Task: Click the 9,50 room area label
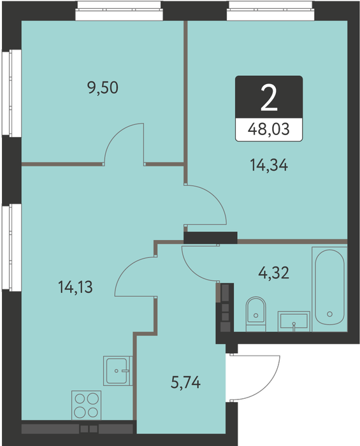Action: click(103, 88)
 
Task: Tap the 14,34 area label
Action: click(269, 165)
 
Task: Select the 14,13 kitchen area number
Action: click(75, 287)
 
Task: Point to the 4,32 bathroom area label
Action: click(273, 272)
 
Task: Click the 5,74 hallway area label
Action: click(185, 382)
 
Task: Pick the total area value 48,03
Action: click(269, 129)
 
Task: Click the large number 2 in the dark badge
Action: click(269, 99)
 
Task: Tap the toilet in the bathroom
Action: click(256, 314)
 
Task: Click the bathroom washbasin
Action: click(294, 321)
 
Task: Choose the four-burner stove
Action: click(86, 405)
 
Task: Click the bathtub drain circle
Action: click(329, 314)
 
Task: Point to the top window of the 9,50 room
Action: click(119, 11)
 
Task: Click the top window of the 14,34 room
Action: click(270, 11)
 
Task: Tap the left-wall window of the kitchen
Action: click(12, 247)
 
